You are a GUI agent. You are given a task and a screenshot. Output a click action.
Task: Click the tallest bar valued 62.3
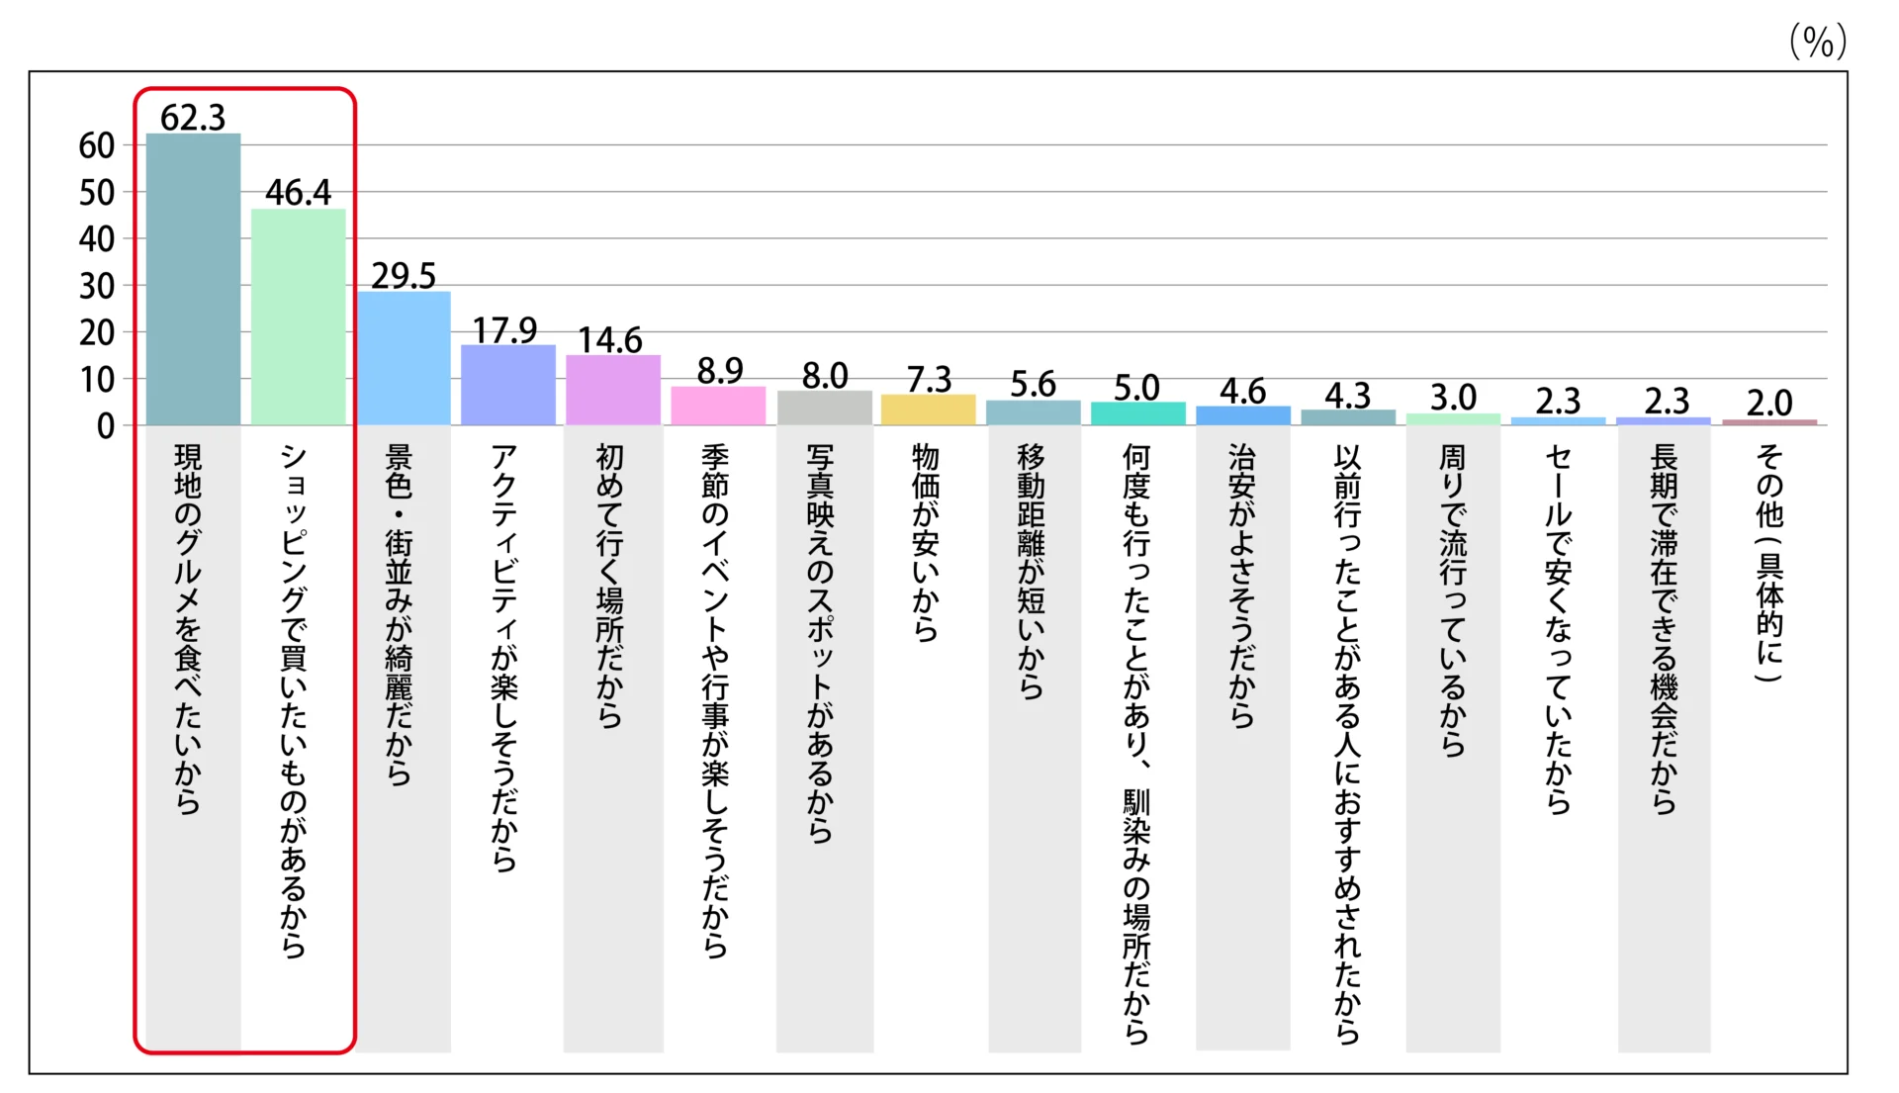[193, 280]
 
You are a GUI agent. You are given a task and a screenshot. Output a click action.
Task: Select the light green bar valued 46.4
[298, 318]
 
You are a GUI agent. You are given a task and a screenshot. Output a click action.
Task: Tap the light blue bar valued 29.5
[404, 358]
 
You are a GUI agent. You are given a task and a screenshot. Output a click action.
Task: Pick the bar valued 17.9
[508, 386]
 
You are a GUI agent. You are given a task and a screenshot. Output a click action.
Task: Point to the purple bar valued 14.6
[613, 391]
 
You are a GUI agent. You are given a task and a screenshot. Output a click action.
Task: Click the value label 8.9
[719, 371]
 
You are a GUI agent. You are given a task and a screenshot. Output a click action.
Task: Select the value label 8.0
[825, 376]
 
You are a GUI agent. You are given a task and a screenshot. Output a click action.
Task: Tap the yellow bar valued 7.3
[928, 410]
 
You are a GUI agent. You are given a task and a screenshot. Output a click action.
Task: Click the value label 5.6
[1033, 384]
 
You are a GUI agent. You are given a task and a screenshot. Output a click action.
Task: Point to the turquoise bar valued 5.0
[1137, 414]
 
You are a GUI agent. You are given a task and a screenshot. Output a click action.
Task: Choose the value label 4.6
[1242, 392]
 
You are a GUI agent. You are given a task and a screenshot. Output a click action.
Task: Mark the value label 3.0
[1453, 398]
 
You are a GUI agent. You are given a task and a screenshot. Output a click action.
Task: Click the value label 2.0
[1768, 403]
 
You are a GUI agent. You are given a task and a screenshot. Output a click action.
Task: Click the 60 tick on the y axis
[97, 146]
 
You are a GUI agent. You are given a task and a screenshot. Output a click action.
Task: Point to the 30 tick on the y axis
[97, 287]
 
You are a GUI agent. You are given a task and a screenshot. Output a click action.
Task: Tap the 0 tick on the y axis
[106, 426]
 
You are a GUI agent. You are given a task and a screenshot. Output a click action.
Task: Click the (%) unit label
[1818, 42]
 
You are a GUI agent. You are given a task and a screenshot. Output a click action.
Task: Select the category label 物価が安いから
[926, 543]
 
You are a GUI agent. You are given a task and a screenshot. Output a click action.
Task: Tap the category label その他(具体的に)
[1769, 563]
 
